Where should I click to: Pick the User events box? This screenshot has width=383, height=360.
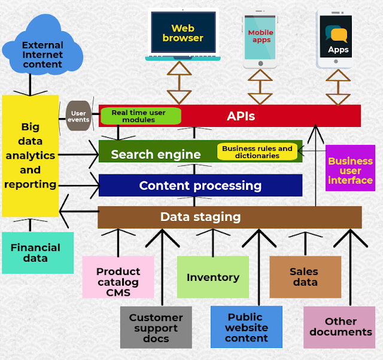tap(78, 116)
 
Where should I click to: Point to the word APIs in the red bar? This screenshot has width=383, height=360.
tap(241, 116)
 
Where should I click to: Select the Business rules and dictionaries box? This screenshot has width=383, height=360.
tap(257, 152)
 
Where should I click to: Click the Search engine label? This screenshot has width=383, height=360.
tap(156, 154)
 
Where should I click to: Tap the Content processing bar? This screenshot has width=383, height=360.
tap(200, 186)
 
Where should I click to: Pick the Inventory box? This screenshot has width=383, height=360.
tap(212, 277)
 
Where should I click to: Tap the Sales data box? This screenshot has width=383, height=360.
tap(305, 277)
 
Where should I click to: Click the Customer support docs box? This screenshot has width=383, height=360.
tap(156, 327)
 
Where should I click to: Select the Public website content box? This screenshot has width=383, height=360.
tap(246, 327)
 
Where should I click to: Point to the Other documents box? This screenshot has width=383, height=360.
tap(340, 327)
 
